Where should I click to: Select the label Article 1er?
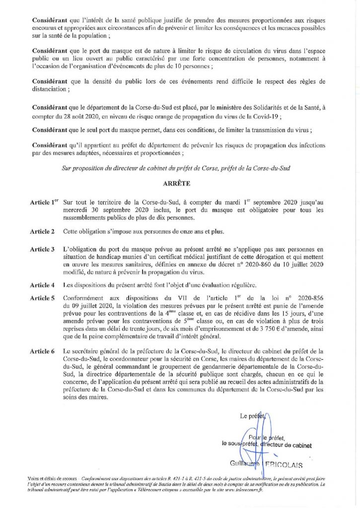click(44, 203)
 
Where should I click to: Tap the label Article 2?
click(42, 232)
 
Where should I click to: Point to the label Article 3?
click(42, 248)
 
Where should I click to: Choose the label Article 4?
click(42, 285)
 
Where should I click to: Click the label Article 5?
click(42, 298)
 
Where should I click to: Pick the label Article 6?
click(42, 351)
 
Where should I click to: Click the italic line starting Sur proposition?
click(179, 169)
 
